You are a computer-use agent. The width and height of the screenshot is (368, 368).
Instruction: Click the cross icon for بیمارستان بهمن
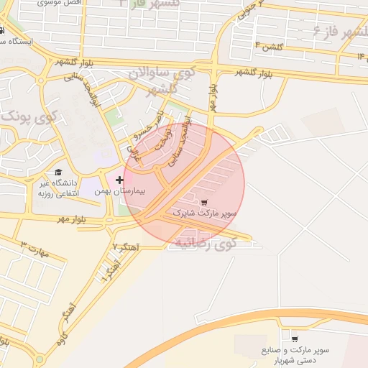[119, 179]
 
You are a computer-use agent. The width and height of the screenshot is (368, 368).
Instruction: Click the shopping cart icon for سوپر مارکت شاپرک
[205, 202]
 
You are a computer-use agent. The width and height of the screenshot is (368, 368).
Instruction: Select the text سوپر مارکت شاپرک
[214, 214]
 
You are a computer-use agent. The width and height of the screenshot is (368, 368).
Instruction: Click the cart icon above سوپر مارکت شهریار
[295, 338]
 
